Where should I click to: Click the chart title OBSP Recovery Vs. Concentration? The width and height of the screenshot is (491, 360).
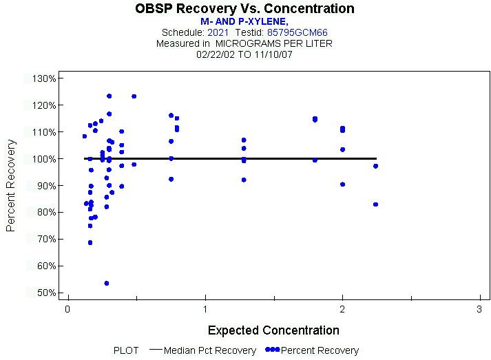coord(244,9)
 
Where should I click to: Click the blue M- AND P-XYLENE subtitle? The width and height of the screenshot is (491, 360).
coord(244,22)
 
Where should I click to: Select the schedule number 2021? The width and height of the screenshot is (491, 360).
coord(218,32)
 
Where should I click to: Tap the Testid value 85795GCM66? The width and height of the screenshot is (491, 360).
coord(297,32)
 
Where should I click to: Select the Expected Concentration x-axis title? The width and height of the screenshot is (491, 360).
coord(273,330)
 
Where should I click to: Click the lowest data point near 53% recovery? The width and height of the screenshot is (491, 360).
coord(107,283)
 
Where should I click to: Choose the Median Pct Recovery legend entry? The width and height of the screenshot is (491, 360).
coord(210,350)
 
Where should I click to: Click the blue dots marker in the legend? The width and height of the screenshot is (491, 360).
coord(273,350)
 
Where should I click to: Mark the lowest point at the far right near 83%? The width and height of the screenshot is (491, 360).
coord(375,204)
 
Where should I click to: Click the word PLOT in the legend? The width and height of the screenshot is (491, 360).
coord(127,350)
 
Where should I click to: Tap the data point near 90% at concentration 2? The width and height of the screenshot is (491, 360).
coord(342,184)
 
